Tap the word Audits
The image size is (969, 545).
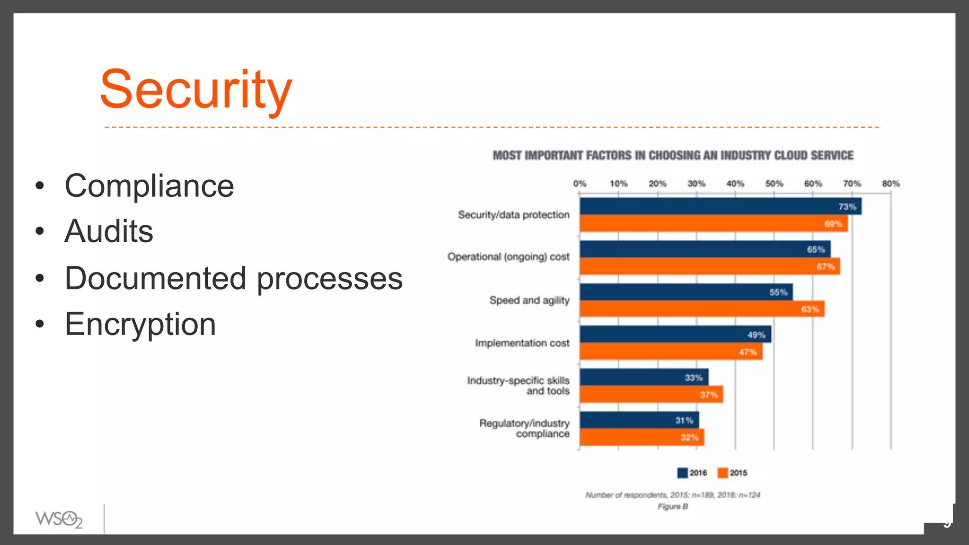pos(109,231)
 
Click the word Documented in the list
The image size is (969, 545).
pos(155,278)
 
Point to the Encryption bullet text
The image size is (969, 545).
pos(140,325)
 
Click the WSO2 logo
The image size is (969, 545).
pos(59,519)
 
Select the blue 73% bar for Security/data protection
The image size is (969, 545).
pos(710,206)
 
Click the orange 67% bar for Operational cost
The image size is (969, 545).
pos(700,266)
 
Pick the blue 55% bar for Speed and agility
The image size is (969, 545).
pos(677,292)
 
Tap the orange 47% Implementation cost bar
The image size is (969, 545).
pos(662,352)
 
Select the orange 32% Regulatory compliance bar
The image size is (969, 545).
pos(634,437)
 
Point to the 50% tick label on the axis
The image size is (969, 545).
pos(774,184)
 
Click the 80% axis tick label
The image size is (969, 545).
pos(890,184)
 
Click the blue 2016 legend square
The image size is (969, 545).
pos(682,473)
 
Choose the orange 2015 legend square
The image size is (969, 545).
pos(722,473)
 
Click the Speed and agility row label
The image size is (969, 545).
pos(529,300)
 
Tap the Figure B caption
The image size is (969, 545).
pos(672,507)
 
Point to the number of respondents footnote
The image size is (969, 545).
pos(672,495)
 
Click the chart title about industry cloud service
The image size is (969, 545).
pos(673,156)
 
